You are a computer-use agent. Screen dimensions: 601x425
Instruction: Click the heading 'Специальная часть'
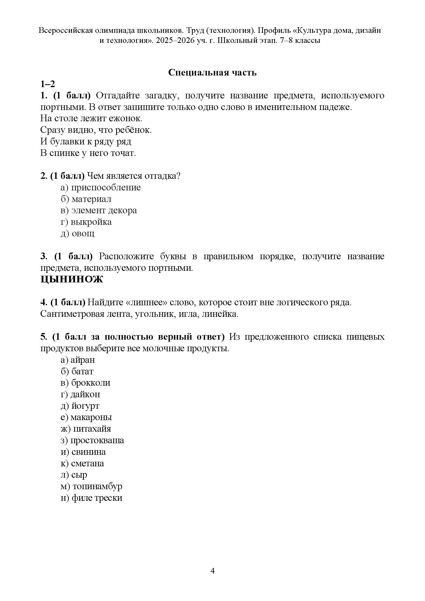212,72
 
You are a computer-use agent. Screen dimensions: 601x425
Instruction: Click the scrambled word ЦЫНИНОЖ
72,279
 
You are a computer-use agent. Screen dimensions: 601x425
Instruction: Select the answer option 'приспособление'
106,187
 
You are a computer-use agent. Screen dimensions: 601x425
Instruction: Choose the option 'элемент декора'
104,210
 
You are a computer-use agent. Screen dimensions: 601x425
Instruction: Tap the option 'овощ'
83,234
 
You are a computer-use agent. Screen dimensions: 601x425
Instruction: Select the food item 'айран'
83,360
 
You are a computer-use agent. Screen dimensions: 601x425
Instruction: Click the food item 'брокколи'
90,383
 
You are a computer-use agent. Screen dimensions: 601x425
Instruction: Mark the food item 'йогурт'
85,406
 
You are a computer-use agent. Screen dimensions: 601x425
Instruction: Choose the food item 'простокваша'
97,440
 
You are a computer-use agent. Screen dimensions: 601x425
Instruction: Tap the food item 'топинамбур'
97,486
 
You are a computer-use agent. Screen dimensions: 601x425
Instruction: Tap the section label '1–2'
48,84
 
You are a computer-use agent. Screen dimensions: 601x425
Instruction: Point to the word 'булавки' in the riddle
64,141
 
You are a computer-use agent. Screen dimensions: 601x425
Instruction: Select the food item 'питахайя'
92,429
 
